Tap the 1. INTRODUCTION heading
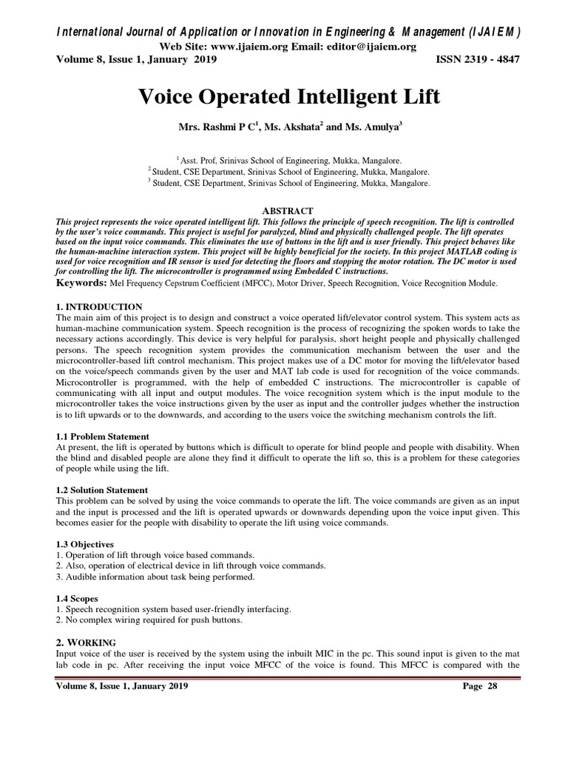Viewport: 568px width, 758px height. point(99,306)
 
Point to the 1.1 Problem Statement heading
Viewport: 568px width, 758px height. point(102,437)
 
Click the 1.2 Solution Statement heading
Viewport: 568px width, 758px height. point(102,490)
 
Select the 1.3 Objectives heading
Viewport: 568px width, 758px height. point(85,544)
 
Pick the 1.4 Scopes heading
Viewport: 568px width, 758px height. point(77,598)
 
